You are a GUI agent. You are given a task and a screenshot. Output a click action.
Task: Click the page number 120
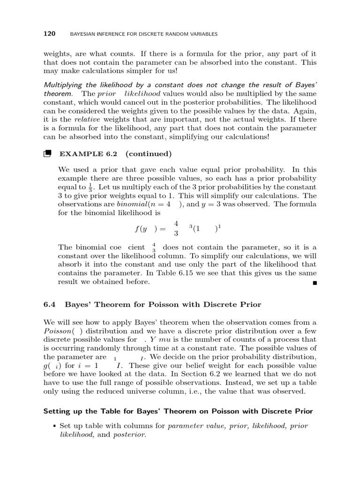pos(49,34)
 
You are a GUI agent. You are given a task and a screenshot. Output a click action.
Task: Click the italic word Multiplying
pos(63,85)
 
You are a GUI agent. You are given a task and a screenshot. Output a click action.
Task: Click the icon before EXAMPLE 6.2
pos(47,153)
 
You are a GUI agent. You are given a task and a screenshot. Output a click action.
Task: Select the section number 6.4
pos(50,305)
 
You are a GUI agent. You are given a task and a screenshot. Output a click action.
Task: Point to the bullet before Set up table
pos(55,426)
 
